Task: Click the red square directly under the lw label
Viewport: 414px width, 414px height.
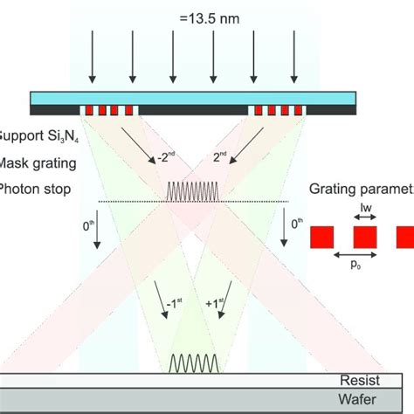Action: click(x=364, y=236)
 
